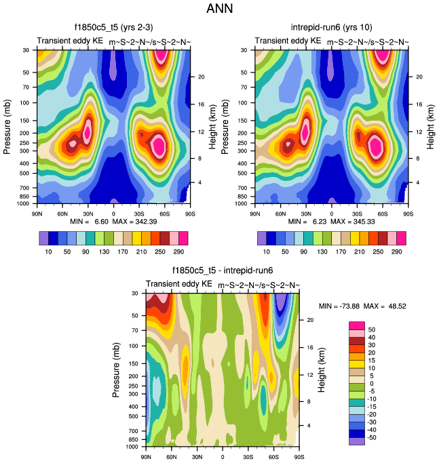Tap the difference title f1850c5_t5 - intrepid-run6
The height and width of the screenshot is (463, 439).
click(223, 270)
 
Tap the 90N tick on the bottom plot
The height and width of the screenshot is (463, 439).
click(146, 457)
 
